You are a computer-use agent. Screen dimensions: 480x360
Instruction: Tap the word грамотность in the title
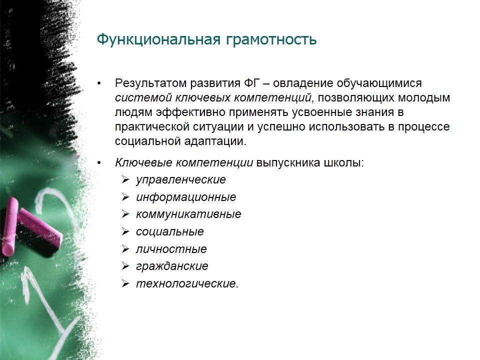271,40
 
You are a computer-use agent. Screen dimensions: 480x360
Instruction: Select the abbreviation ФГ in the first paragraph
251,83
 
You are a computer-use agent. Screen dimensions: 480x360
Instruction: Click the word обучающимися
379,83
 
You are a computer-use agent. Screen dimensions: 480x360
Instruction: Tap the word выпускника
288,163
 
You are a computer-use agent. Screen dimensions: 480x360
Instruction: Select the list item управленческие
181,179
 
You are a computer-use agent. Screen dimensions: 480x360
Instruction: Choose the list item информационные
186,197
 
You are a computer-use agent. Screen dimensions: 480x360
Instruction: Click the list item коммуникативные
188,214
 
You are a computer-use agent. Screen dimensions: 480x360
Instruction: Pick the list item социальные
170,231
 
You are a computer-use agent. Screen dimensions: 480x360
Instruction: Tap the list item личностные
171,249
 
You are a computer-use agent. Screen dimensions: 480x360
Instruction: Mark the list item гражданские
172,266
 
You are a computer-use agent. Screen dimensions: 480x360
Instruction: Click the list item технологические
187,283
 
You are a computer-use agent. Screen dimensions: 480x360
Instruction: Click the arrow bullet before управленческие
125,179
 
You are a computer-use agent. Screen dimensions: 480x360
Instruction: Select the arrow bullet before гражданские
125,266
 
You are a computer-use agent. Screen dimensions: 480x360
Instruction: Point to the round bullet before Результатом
99,83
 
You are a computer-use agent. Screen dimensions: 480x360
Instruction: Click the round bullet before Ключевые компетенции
99,163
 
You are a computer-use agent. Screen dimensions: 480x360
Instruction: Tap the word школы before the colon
342,163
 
